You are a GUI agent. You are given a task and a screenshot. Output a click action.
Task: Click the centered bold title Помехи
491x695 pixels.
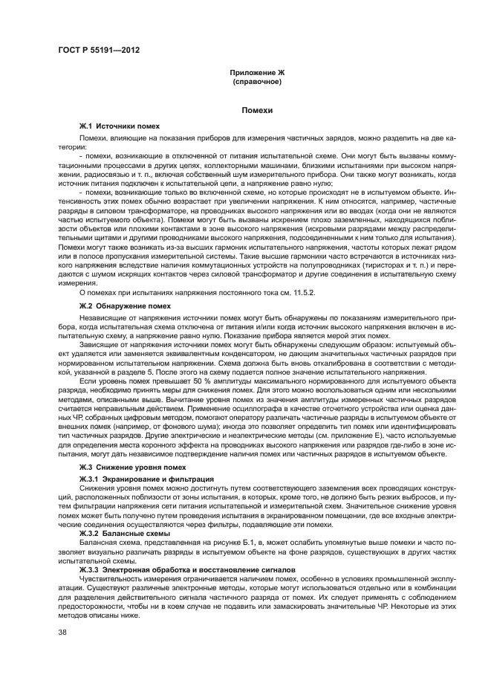point(257,110)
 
